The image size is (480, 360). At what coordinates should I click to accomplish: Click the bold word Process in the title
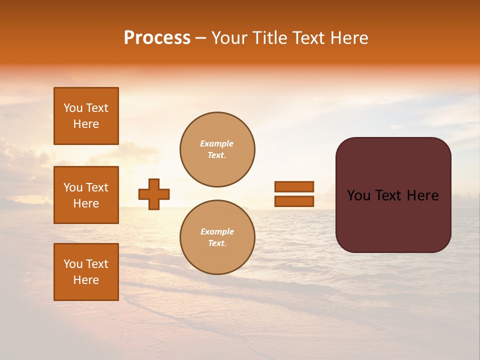click(x=157, y=38)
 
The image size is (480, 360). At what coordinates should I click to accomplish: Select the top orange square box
click(x=86, y=116)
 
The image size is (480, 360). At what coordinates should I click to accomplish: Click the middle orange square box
click(x=86, y=195)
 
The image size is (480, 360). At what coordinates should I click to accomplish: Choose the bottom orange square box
click(x=86, y=272)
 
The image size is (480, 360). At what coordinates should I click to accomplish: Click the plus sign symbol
click(x=154, y=194)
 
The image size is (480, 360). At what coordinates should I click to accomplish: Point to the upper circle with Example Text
click(x=217, y=149)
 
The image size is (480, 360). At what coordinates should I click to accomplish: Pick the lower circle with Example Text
click(x=217, y=237)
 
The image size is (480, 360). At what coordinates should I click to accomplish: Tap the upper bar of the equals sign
click(x=294, y=186)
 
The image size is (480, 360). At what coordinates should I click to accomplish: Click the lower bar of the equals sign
click(x=294, y=201)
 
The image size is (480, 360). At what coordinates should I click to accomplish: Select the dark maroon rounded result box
click(x=393, y=194)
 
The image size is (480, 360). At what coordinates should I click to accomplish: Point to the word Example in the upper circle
click(x=216, y=143)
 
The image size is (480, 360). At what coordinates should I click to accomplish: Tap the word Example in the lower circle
click(x=217, y=231)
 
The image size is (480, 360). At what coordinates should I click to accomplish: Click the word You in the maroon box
click(x=359, y=195)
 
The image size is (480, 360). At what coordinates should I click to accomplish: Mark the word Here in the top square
click(x=86, y=124)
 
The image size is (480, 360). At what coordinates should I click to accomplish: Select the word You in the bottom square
click(x=73, y=264)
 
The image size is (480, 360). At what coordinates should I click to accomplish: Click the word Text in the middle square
click(x=97, y=187)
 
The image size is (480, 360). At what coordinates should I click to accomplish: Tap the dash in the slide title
click(x=200, y=38)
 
